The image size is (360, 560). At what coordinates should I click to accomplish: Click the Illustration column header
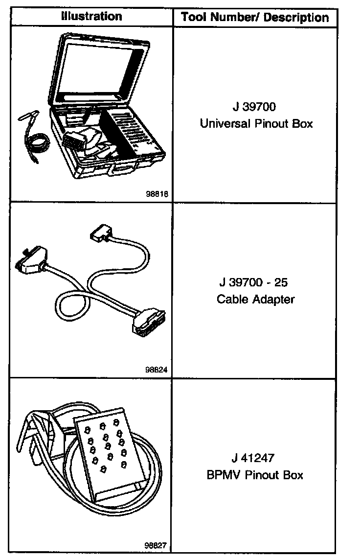pos(91,16)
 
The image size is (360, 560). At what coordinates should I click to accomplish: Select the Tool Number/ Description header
pos(255,18)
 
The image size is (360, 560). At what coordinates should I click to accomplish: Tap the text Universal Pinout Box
pos(256,123)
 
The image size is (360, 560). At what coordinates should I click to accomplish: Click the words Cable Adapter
pos(256,299)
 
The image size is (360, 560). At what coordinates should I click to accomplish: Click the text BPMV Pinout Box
pos(255,475)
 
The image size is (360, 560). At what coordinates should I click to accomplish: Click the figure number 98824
pos(157,370)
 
